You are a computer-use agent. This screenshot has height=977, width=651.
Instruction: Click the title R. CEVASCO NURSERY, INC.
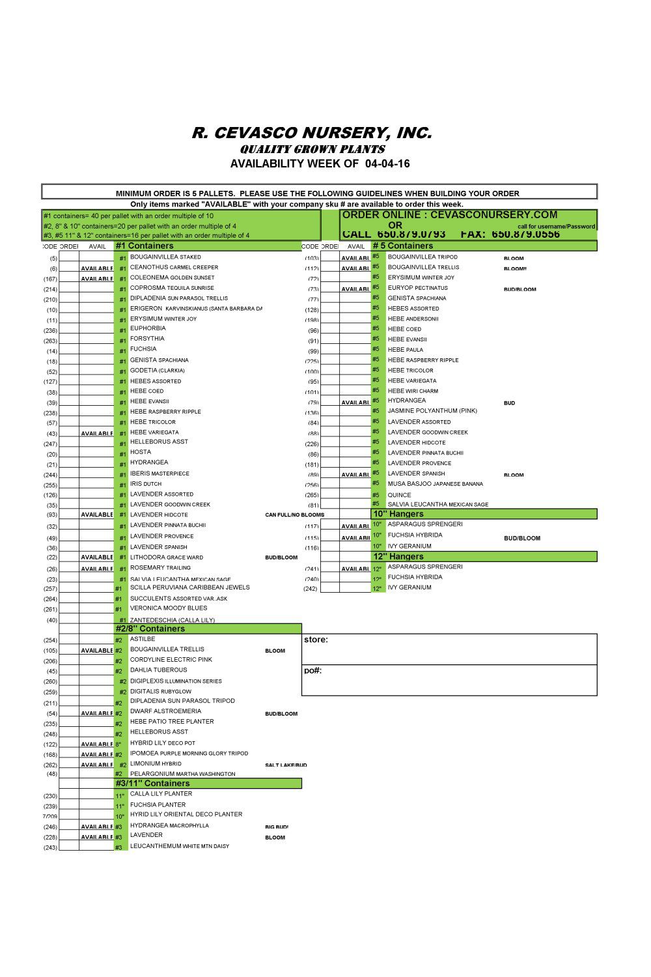tap(311, 133)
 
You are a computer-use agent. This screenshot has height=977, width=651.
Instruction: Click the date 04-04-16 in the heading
tap(388, 163)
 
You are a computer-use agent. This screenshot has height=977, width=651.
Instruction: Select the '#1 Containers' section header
tap(145, 246)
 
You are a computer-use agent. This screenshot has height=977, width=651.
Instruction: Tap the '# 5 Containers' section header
tap(402, 246)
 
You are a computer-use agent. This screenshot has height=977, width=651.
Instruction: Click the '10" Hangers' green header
tap(398, 515)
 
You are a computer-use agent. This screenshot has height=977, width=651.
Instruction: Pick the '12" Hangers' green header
tap(398, 557)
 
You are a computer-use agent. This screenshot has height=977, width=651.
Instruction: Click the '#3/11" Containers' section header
tap(153, 784)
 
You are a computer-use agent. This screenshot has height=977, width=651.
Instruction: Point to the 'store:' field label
tap(316, 640)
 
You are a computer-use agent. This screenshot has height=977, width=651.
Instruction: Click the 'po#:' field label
tap(313, 671)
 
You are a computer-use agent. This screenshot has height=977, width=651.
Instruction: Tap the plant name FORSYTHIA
tap(147, 339)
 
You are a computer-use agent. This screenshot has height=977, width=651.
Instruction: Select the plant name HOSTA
tap(141, 452)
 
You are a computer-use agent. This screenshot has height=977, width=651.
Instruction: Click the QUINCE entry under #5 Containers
tap(399, 495)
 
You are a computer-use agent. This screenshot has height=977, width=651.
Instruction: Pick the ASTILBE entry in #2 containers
tap(143, 640)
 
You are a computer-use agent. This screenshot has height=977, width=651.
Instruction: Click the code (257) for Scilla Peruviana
tap(50, 589)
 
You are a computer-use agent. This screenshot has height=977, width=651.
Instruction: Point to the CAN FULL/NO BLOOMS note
tap(294, 515)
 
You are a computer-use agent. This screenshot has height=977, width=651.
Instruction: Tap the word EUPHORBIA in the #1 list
tap(148, 328)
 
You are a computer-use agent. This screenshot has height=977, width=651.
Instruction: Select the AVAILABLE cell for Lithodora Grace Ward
tap(96, 558)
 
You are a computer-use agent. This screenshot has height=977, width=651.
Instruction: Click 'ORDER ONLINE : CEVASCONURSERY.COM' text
tap(450, 215)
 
